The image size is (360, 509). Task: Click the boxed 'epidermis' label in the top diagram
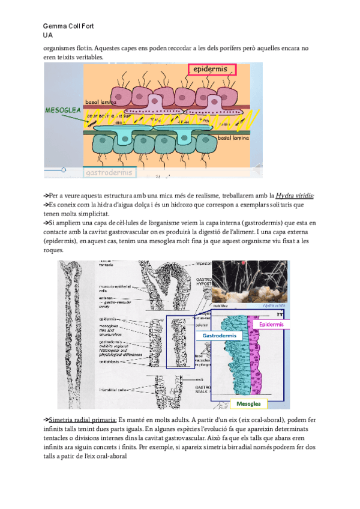tap(210, 70)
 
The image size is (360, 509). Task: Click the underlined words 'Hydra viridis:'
tap(295, 196)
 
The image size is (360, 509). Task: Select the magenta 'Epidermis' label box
tap(271, 324)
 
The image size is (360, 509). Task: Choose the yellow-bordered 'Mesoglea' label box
tap(248, 404)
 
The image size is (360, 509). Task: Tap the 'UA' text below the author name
tap(48, 35)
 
